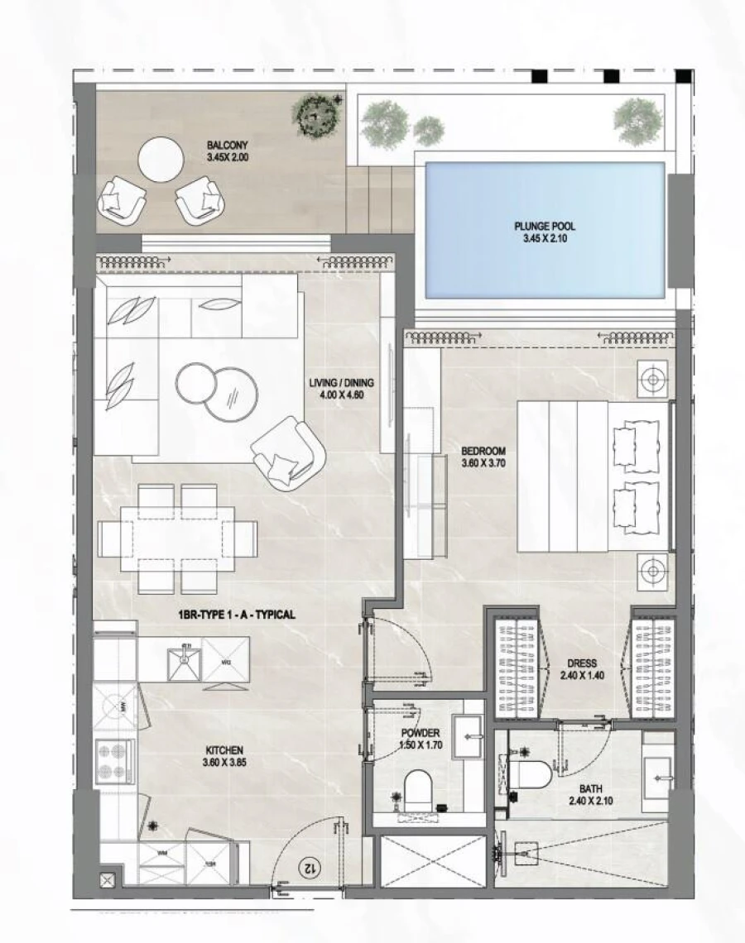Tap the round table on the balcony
pos(161,159)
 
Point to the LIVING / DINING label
pos(342,382)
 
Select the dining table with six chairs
pos(178,538)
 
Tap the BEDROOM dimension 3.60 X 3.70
pos(483,464)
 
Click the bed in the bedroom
pos(592,476)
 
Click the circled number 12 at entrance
pos(309,868)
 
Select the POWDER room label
pos(420,734)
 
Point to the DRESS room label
pos(583,663)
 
